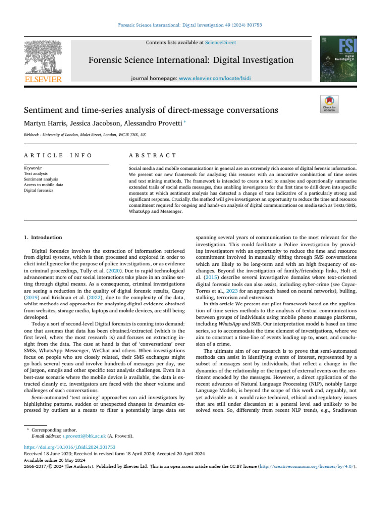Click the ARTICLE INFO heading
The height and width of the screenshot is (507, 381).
coord(58,155)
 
